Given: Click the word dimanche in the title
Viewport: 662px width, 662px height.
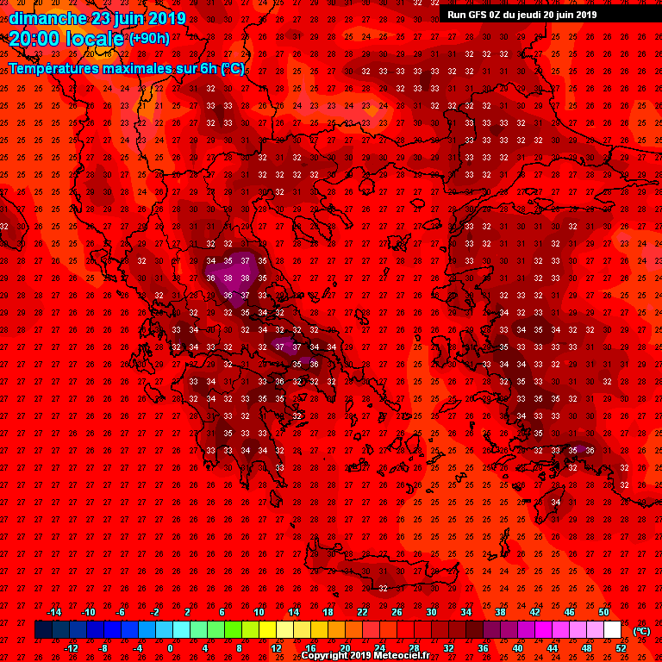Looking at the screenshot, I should [x=47, y=17].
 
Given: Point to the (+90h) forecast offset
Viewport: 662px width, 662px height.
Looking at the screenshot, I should [x=149, y=39].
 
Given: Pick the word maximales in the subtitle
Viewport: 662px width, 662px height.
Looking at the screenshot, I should [x=135, y=67].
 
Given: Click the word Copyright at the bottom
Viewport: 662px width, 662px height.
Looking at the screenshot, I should [x=324, y=656].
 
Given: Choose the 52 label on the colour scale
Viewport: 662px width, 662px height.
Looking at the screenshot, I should [x=621, y=647].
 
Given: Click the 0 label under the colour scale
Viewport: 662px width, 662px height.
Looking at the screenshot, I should [x=170, y=647].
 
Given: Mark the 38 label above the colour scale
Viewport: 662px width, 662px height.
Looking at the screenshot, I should [x=501, y=612].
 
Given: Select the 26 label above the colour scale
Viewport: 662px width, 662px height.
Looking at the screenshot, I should [x=397, y=612].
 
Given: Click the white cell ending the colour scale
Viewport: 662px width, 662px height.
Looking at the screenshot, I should [x=612, y=630].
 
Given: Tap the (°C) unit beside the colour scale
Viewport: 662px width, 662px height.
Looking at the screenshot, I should [x=641, y=630].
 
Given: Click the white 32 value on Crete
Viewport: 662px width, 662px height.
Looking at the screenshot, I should [x=382, y=588].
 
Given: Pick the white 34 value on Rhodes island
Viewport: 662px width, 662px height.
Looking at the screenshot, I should [x=556, y=502].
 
